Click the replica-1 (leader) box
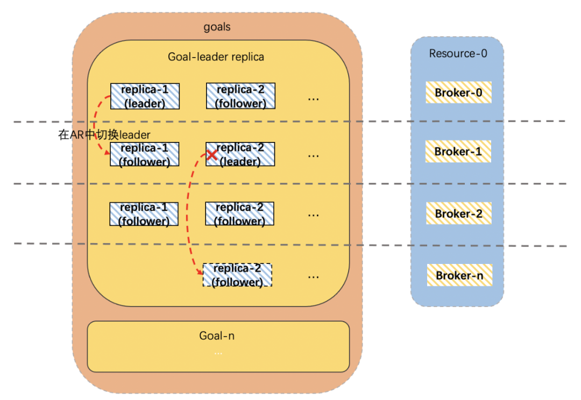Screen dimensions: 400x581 (x=145, y=96)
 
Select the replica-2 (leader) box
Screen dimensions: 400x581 (x=240, y=154)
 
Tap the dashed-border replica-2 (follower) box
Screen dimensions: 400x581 (x=237, y=275)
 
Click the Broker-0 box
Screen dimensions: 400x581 (x=458, y=93)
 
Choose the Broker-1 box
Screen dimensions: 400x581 (x=458, y=152)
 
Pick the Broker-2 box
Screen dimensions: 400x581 (x=458, y=213)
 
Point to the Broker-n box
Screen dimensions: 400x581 (x=459, y=275)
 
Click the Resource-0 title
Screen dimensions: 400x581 (x=458, y=54)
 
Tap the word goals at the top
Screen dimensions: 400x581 (x=217, y=27)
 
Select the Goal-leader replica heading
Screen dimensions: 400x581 (x=216, y=56)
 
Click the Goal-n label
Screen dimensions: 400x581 (x=217, y=336)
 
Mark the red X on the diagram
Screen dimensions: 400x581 (x=212, y=155)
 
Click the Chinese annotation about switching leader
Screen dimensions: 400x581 (x=104, y=135)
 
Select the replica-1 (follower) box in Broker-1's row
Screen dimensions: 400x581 (x=144, y=154)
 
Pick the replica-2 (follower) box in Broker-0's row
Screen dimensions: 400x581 (x=240, y=96)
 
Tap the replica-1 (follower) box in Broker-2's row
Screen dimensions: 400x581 (x=144, y=214)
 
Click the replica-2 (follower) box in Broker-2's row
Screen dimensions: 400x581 (x=239, y=214)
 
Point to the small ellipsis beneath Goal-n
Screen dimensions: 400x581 (x=218, y=353)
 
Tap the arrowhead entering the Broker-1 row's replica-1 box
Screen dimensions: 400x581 (x=108, y=154)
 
